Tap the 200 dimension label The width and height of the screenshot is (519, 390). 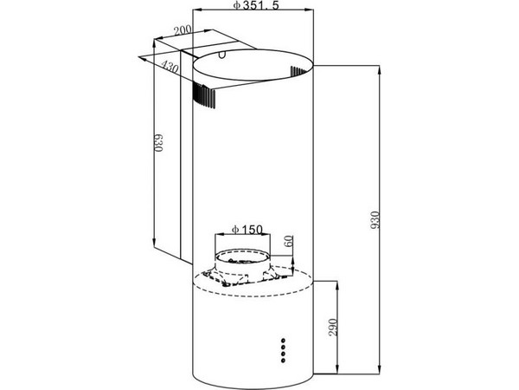point(183,30)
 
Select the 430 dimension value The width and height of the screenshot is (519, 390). point(170,67)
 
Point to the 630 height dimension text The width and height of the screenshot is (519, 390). point(159,143)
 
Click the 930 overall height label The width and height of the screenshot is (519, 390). point(375,219)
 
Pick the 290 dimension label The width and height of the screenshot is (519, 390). point(333,328)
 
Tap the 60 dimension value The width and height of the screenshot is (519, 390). point(289,241)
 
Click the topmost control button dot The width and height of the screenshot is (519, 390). point(283,341)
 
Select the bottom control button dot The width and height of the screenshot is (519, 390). point(283,361)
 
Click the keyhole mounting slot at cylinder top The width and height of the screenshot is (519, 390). point(223,54)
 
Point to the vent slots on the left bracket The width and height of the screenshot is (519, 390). point(203,95)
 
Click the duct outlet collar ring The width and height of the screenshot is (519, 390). point(242,257)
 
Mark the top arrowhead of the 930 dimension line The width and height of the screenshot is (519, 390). point(380,70)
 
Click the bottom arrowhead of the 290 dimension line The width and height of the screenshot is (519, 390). point(337,369)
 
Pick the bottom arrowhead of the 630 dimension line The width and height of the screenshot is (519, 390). point(154,243)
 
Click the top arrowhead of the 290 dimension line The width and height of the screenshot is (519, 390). point(337,285)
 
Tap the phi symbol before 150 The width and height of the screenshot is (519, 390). point(235,230)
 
